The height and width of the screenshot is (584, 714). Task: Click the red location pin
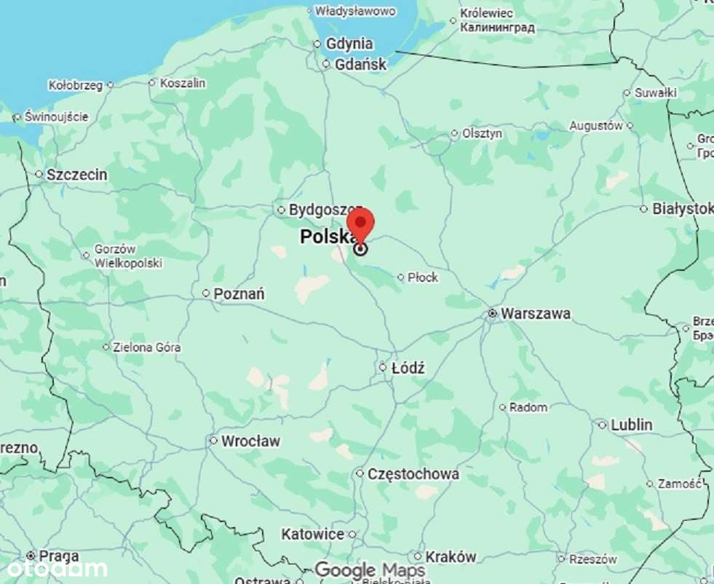pyautogui.click(x=360, y=224)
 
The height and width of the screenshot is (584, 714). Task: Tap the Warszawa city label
pyautogui.click(x=536, y=314)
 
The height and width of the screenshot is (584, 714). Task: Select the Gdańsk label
pyautogui.click(x=360, y=64)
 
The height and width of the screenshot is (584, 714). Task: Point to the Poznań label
pyautogui.click(x=239, y=294)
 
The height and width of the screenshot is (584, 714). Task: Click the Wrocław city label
pyautogui.click(x=250, y=441)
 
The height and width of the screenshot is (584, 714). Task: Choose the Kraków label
pyautogui.click(x=451, y=557)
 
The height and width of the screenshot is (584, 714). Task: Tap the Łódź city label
pyautogui.click(x=408, y=368)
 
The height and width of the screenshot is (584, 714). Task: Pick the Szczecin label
pyautogui.click(x=76, y=175)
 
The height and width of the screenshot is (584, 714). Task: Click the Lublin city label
pyautogui.click(x=632, y=425)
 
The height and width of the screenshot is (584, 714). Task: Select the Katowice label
pyautogui.click(x=313, y=534)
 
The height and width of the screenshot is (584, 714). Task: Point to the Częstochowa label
pyautogui.click(x=413, y=474)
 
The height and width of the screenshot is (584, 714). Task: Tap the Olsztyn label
pyautogui.click(x=483, y=134)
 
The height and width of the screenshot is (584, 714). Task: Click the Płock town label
pyautogui.click(x=423, y=277)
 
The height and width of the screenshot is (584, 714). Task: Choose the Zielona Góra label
pyautogui.click(x=146, y=347)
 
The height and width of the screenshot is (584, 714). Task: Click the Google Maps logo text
pyautogui.click(x=370, y=569)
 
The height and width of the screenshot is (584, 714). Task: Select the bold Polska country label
pyautogui.click(x=325, y=237)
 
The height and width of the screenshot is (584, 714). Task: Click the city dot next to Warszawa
pyautogui.click(x=493, y=314)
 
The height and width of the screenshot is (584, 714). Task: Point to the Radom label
pyautogui.click(x=528, y=408)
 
